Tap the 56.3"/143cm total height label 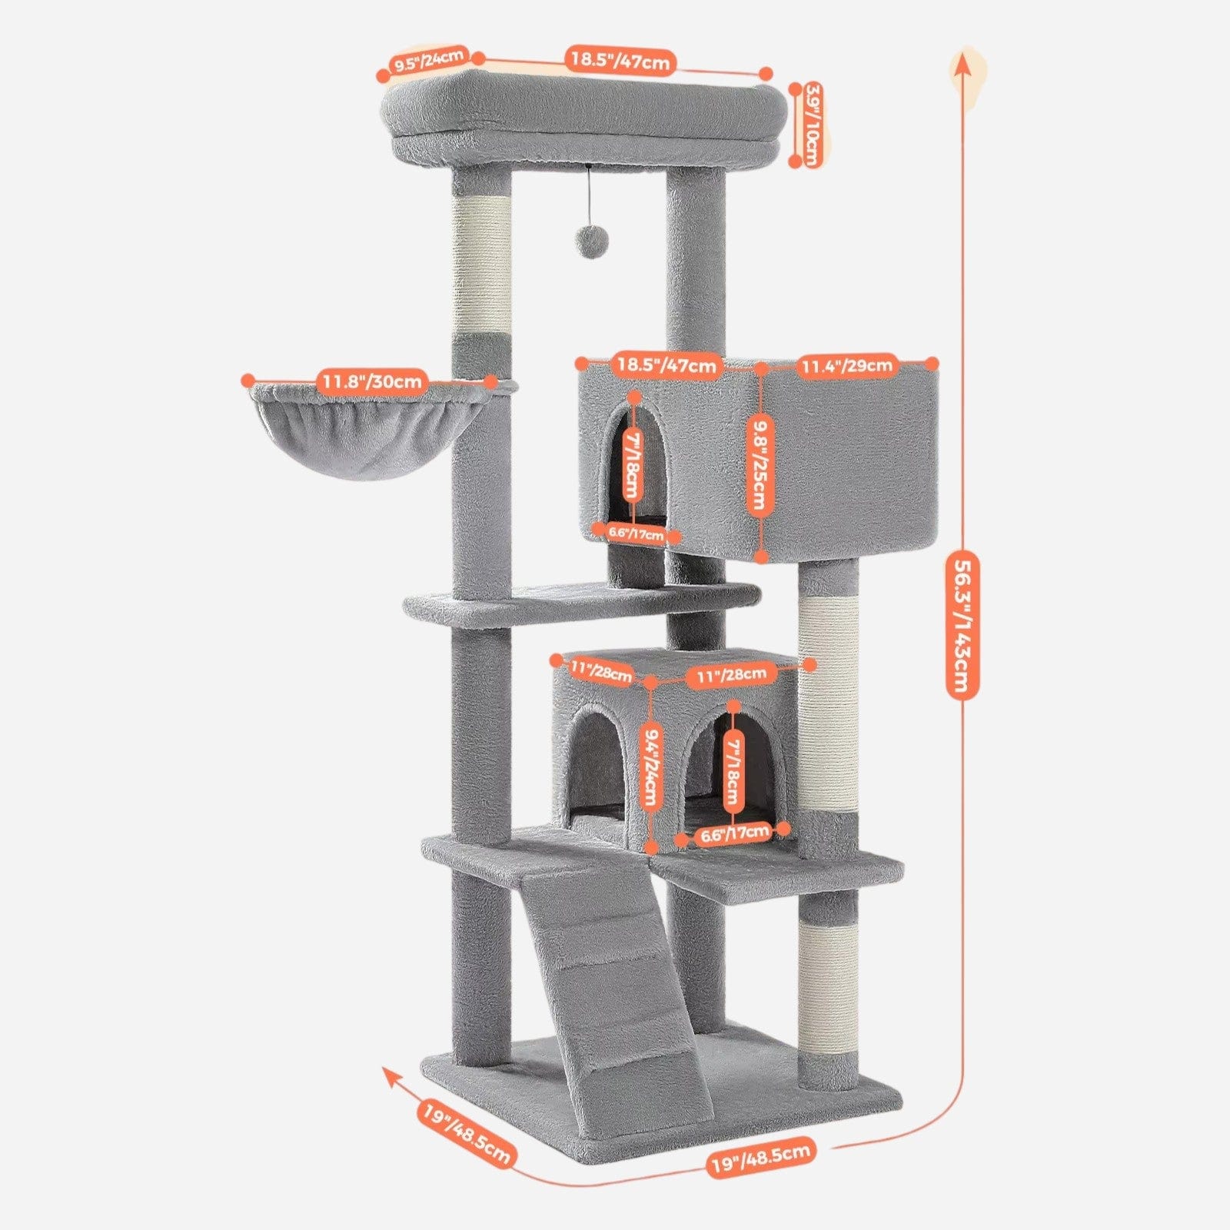[961, 624]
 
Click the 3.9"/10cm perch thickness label [811, 125]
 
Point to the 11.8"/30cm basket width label [371, 381]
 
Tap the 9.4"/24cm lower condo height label [650, 766]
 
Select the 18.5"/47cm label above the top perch [621, 59]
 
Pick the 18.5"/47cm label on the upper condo [667, 365]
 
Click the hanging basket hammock [368, 431]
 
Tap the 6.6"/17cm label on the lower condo [734, 833]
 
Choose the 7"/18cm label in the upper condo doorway [633, 465]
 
